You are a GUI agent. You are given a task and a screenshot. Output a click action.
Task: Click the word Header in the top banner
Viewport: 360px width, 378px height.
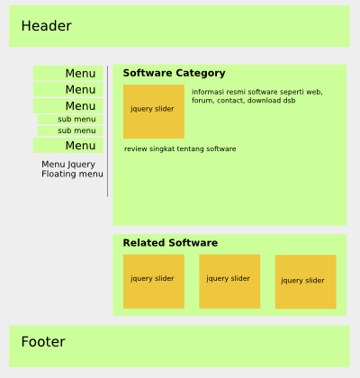click(46, 26)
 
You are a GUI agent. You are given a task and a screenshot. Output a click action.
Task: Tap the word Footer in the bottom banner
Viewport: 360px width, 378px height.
click(43, 342)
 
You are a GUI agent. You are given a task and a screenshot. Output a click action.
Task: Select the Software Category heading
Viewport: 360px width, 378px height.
click(174, 73)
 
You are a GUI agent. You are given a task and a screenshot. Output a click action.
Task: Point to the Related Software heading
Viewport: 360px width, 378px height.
click(170, 243)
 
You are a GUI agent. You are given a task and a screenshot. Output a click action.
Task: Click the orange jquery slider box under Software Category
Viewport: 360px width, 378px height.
click(154, 112)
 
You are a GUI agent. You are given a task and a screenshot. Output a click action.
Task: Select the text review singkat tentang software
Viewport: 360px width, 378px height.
click(180, 148)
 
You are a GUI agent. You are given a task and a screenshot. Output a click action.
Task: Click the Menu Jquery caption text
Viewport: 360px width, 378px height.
click(68, 165)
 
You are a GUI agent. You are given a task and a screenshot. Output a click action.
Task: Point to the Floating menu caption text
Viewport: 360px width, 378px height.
click(72, 174)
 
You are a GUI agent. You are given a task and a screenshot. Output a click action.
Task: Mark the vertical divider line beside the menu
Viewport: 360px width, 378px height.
click(107, 131)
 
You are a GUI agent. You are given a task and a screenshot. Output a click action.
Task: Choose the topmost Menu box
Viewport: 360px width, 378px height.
click(68, 73)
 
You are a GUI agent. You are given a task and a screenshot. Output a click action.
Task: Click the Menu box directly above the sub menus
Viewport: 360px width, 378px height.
click(68, 106)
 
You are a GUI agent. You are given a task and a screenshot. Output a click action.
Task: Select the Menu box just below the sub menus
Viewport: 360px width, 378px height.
click(68, 146)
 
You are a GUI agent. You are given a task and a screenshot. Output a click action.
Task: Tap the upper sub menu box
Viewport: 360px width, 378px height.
click(70, 119)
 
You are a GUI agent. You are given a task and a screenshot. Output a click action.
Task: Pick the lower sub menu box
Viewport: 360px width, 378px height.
click(70, 130)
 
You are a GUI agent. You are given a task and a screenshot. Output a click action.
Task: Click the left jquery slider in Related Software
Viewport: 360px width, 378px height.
click(154, 282)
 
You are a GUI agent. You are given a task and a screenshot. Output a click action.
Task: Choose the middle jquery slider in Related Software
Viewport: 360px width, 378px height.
click(229, 282)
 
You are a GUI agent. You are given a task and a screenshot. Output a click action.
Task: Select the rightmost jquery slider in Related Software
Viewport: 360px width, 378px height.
click(306, 282)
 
